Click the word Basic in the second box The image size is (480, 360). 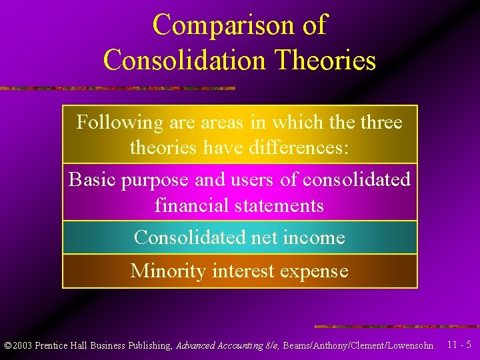click(91, 180)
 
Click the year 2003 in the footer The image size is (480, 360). click(23, 346)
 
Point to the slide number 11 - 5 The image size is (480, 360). click(459, 345)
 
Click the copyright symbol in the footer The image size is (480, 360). click(7, 346)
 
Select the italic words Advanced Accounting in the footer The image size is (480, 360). click(218, 346)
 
